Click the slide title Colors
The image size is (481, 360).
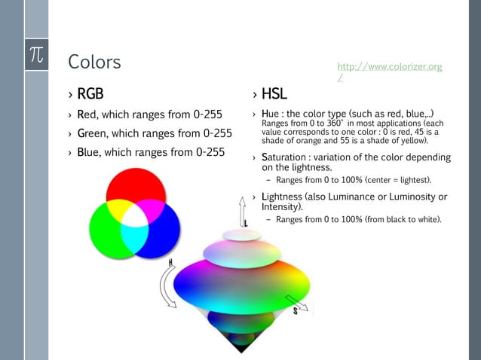[x=94, y=61]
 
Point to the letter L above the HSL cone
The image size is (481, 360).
[x=246, y=223]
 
